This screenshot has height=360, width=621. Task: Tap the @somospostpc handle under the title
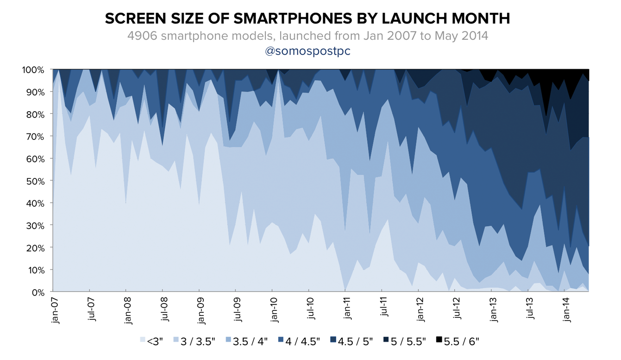pos(307,51)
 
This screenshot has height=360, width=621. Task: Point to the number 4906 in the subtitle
pos(142,36)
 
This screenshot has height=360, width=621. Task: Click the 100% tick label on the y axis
pos(33,69)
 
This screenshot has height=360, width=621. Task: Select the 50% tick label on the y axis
pos(35,181)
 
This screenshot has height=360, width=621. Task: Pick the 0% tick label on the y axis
pos(38,292)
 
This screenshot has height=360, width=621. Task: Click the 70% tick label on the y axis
pos(35,136)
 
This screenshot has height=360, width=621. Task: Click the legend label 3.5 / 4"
pos(250,341)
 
